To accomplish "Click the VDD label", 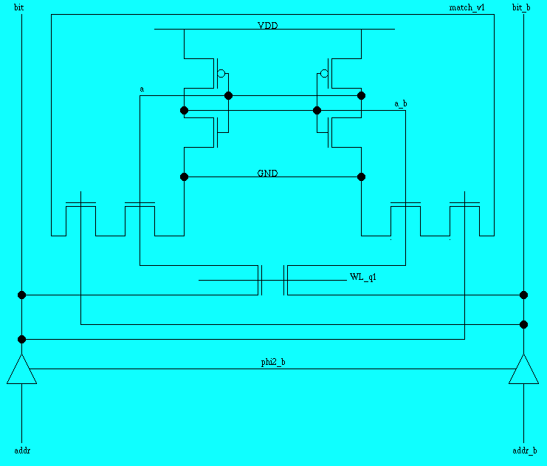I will (267, 26).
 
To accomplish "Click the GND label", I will (267, 174).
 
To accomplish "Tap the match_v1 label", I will (467, 7).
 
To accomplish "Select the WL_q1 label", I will (363, 277).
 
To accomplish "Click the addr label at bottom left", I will (21, 450).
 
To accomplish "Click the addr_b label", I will (524, 450).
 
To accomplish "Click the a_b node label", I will (400, 104).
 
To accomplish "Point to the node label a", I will (142, 89).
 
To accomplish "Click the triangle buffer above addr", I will (21, 369).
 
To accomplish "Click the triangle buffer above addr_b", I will (523, 369).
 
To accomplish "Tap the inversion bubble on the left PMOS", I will (221, 74).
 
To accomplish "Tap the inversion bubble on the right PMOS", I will (323, 74).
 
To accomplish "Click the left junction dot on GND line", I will (184, 177).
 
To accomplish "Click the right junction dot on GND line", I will (361, 177).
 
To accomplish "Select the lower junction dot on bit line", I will (21, 339).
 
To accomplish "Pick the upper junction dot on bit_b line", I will (523, 295).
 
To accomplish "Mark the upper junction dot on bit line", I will (21, 295).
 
